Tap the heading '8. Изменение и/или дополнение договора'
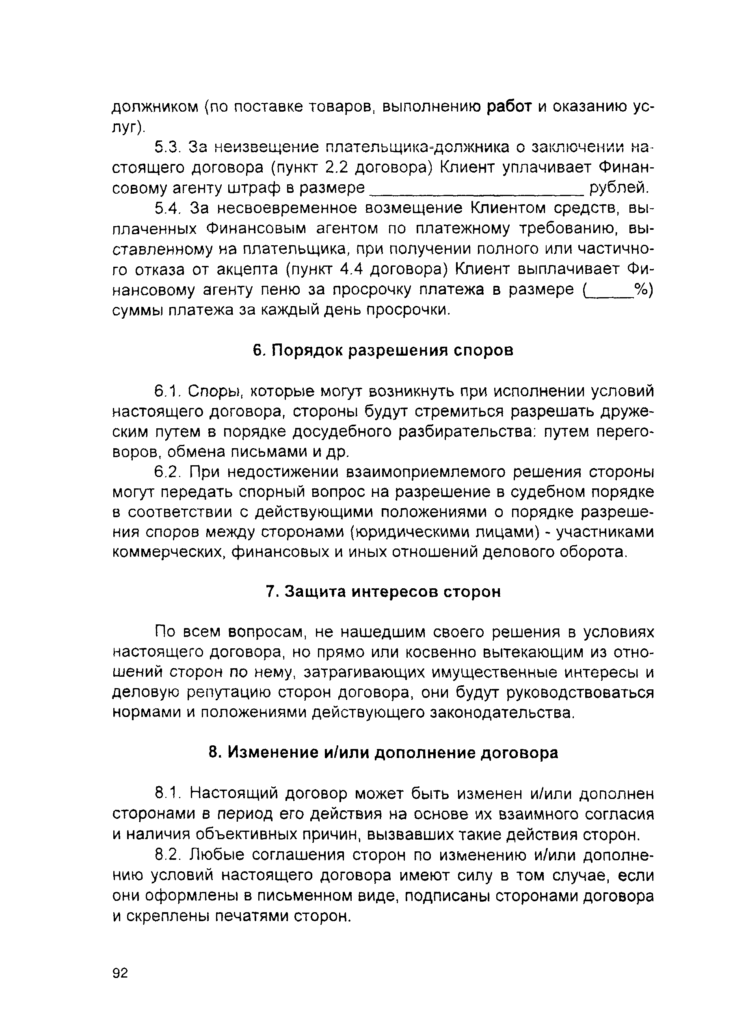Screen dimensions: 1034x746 tap(383, 753)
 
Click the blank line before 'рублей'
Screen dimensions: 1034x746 tap(476, 189)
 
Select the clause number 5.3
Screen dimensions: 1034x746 tap(168, 147)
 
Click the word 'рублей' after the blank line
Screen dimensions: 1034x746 tap(618, 188)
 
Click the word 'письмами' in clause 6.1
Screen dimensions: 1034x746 tap(274, 452)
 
